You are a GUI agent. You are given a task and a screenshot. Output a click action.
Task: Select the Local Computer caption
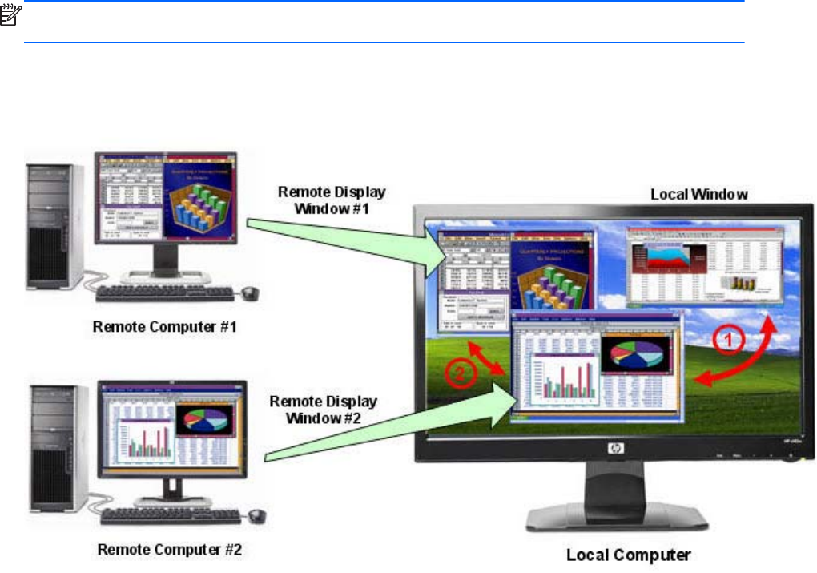[628, 554]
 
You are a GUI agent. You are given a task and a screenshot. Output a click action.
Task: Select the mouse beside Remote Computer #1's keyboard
[251, 292]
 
